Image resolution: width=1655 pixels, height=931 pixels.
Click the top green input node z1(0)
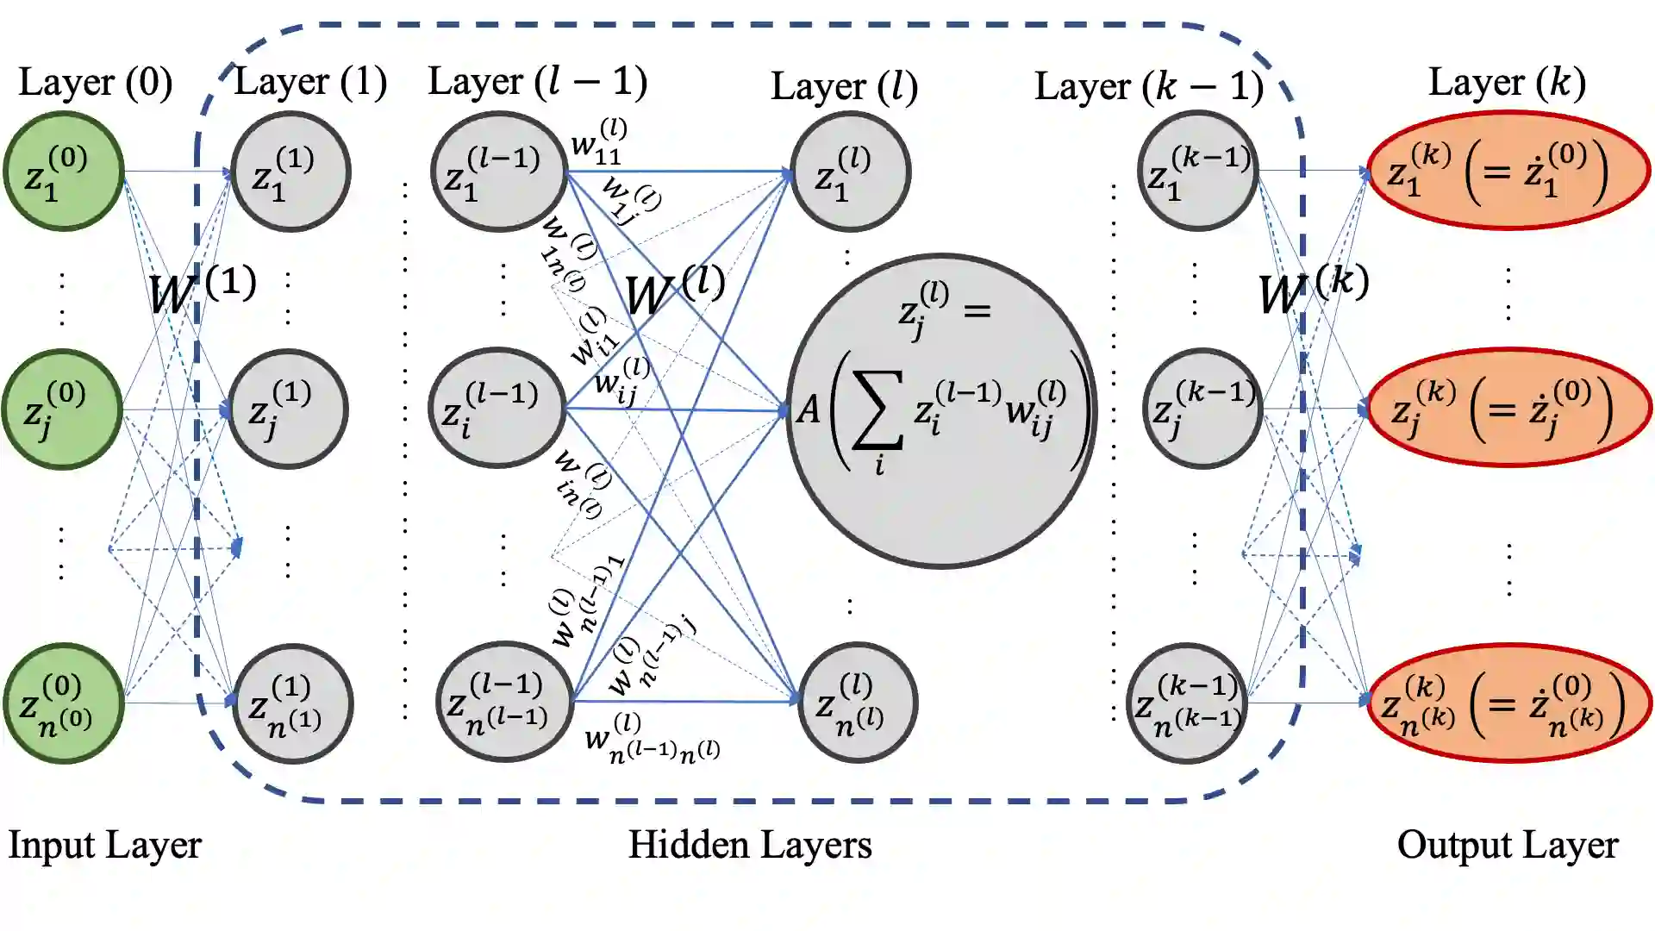tap(63, 171)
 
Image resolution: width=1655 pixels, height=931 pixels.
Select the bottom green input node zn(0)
tap(63, 703)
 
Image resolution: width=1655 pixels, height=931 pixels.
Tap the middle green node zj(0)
tap(62, 409)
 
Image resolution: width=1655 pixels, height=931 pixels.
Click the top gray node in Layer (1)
tap(290, 171)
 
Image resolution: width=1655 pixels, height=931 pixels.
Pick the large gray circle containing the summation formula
tap(941, 410)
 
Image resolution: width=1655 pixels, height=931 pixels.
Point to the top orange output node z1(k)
tap(1508, 171)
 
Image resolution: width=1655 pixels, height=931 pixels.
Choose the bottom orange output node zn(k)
tap(1508, 703)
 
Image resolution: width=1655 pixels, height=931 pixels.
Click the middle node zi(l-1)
tap(496, 407)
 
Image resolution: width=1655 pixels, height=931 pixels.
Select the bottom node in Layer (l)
tap(857, 702)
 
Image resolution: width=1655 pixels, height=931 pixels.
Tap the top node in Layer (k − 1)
tap(1198, 171)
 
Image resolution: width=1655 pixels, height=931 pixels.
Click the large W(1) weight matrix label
tap(202, 290)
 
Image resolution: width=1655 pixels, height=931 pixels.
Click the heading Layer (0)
tap(96, 83)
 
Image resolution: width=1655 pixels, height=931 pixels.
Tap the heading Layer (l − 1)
tap(537, 82)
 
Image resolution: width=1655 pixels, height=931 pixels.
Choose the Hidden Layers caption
tap(749, 845)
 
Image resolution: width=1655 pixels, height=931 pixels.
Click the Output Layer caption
tap(1508, 845)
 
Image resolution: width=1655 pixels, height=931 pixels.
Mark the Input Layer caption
tap(104, 845)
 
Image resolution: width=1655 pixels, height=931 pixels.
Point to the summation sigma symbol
tap(877, 410)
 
